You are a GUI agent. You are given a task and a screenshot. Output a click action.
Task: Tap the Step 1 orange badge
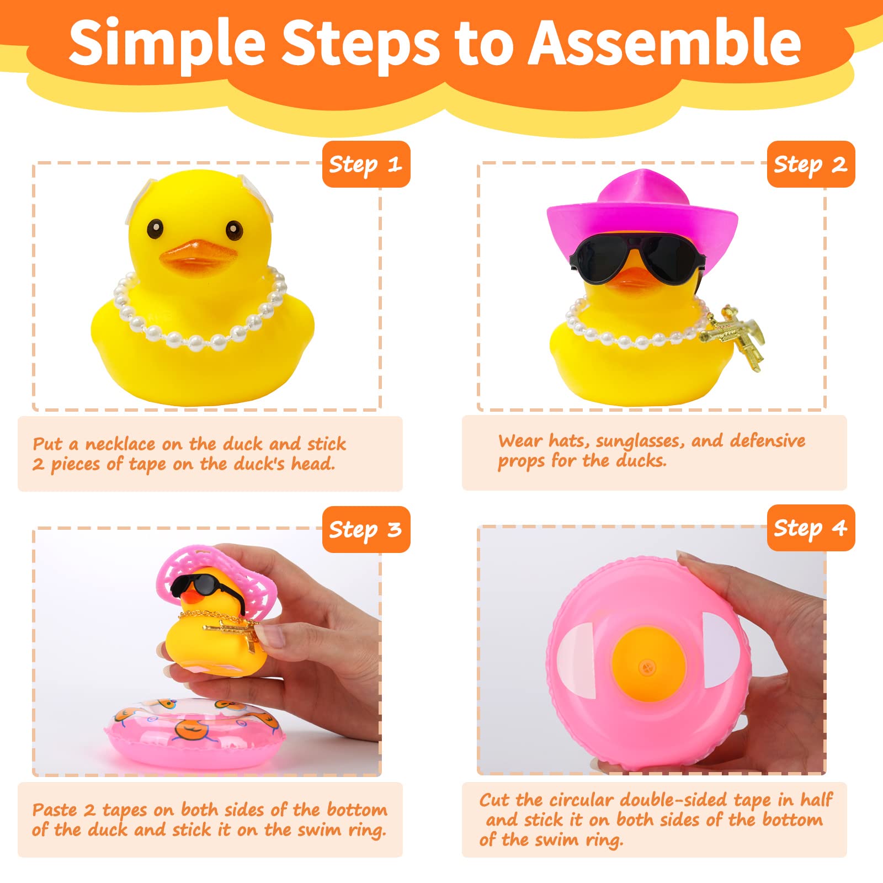[366, 164]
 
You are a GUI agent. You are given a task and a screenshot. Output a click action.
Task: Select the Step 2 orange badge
[810, 164]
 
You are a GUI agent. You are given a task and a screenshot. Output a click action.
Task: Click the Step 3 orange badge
[366, 530]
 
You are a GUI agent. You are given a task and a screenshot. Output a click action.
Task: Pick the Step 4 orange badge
[810, 528]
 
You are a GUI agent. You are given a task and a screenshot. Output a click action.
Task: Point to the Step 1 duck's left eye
[155, 227]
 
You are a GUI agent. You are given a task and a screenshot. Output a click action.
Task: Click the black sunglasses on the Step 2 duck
[637, 257]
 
